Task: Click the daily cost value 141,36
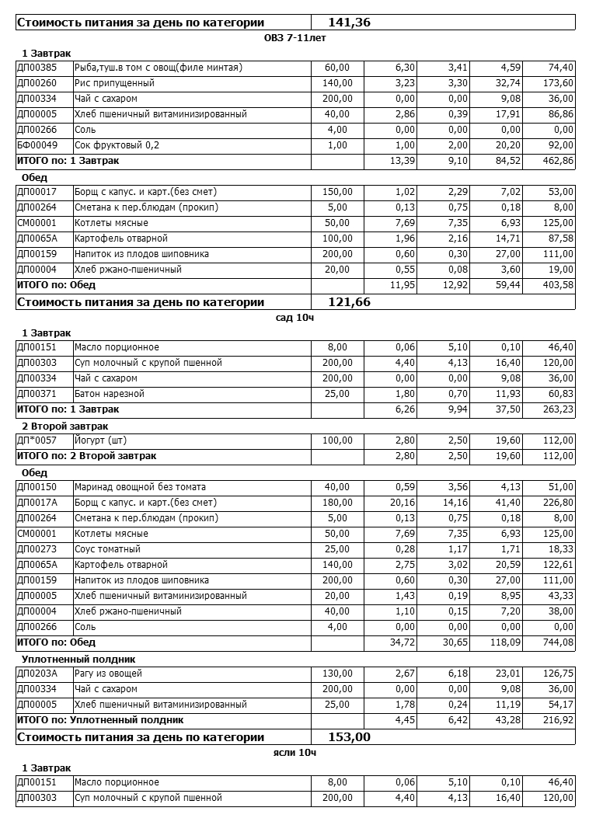pos(349,23)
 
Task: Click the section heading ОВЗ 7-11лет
pos(295,37)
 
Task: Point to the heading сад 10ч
pos(295,317)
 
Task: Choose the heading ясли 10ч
pos(295,752)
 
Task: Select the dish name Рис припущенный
pos(114,83)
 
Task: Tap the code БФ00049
pos(37,145)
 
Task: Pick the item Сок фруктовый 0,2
pos(117,145)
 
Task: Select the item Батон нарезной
pos(110,394)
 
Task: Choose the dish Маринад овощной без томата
pos(140,487)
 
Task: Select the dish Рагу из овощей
pos(108,674)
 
